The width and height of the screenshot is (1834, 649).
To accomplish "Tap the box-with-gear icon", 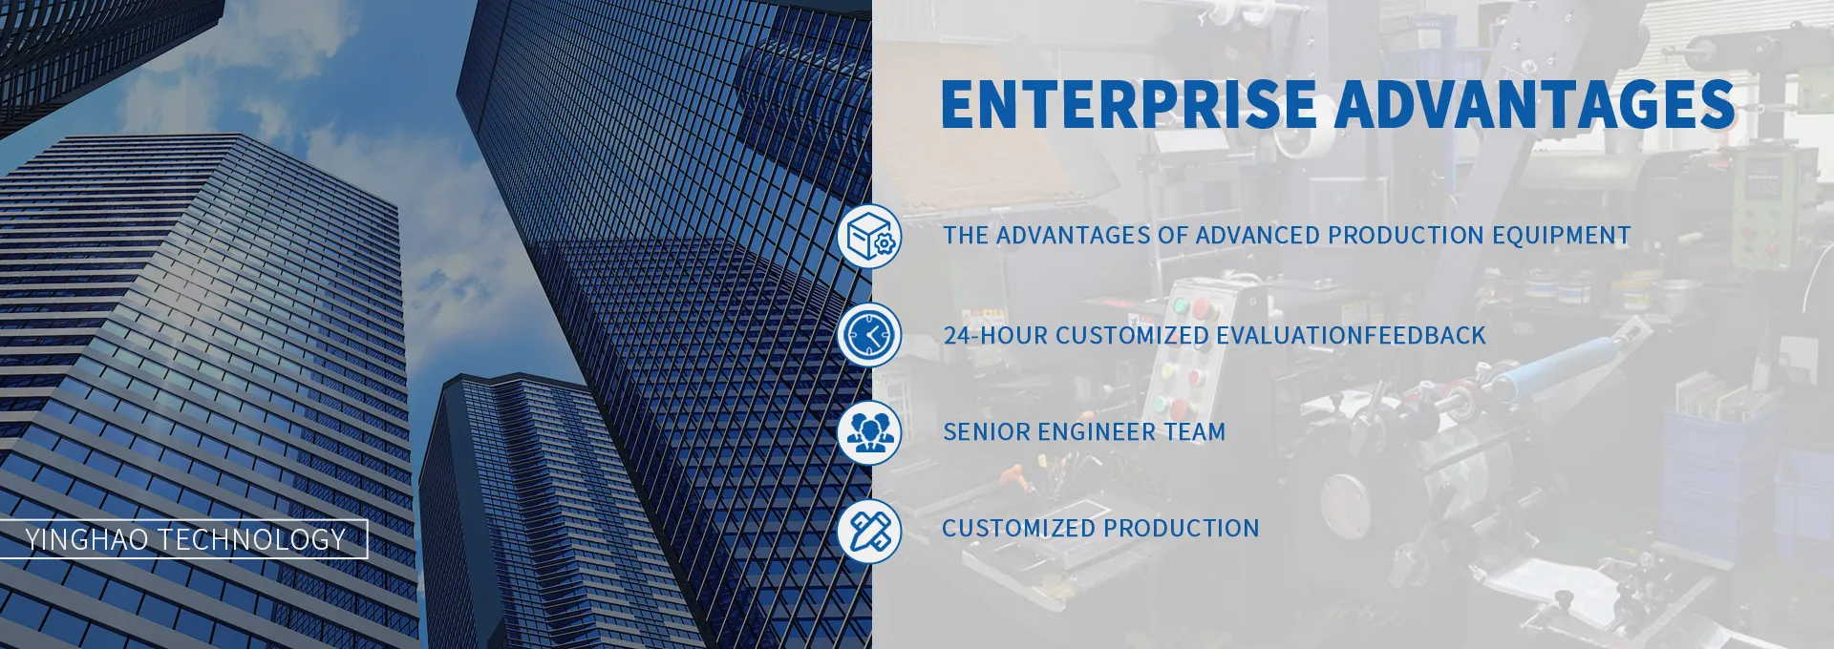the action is pyautogui.click(x=869, y=236).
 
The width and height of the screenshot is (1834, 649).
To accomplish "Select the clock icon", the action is pyautogui.click(x=869, y=334).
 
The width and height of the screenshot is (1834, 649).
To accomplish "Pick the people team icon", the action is pyautogui.click(x=869, y=431).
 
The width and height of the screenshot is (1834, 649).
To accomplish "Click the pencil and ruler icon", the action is pyautogui.click(x=869, y=530).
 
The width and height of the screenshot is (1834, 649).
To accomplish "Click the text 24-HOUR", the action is pyautogui.click(x=995, y=336).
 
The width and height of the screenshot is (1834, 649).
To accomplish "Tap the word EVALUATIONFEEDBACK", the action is pyautogui.click(x=1351, y=336).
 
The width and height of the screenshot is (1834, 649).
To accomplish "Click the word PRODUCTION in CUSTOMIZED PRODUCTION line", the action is pyautogui.click(x=1182, y=529).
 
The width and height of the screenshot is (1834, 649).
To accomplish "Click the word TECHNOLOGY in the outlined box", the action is pyautogui.click(x=252, y=539).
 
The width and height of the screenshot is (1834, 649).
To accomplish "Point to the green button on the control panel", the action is pyautogui.click(x=1181, y=306).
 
